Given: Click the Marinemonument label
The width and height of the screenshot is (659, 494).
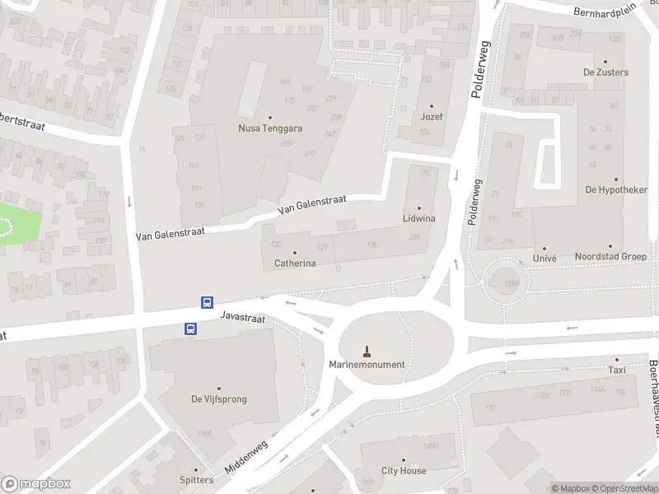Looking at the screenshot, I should [367, 365].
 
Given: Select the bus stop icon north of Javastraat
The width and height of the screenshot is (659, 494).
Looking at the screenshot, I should [208, 302].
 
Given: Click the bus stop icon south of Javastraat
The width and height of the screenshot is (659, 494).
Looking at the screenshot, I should [190, 329].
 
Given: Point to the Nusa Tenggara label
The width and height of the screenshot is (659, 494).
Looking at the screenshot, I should [270, 128].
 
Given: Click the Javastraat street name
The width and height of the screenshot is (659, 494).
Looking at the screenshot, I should [243, 317].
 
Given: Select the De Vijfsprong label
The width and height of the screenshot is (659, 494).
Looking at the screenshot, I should [219, 399].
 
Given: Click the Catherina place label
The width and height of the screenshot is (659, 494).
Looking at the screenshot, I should [295, 263].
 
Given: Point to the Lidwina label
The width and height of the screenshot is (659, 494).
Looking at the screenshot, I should [418, 218].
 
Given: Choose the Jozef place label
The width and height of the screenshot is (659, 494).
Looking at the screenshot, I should [432, 117].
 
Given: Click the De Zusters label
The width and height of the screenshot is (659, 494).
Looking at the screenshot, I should [605, 72].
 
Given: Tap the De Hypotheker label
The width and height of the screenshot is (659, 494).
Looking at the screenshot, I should [615, 189].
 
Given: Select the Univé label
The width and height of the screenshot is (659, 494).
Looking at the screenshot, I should [544, 258].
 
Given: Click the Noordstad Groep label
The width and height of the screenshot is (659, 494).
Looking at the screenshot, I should [610, 257].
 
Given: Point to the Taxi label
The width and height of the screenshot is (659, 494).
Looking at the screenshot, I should [616, 370].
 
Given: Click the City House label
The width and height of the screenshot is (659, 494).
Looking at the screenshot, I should [403, 471].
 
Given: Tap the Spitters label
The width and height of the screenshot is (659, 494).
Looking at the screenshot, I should [196, 480].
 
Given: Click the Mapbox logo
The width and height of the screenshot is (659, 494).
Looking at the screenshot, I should [36, 484].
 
